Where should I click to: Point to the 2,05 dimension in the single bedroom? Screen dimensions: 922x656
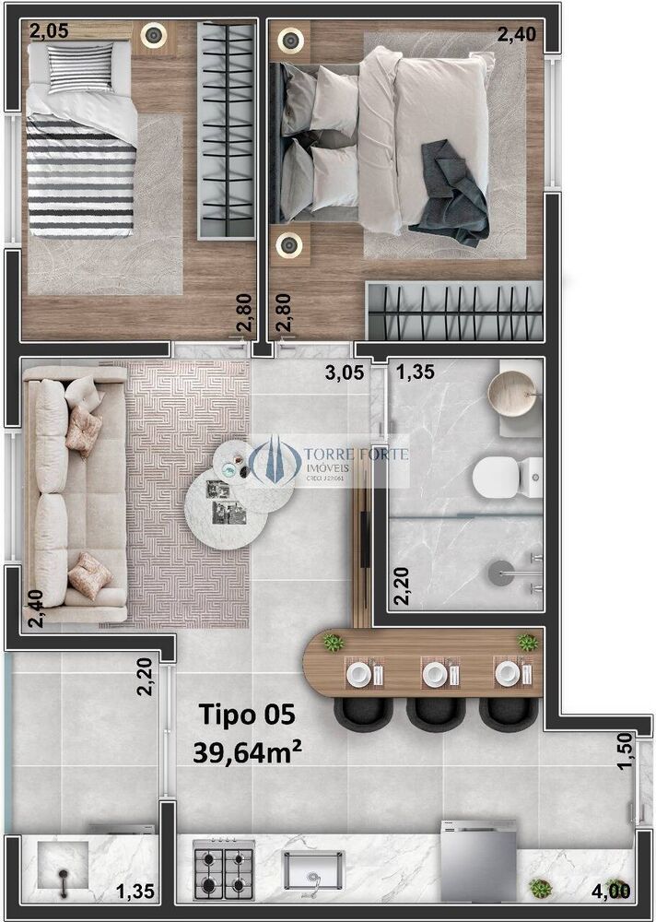pos(48,31)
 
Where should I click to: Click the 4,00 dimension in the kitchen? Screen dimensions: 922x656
pos(612,891)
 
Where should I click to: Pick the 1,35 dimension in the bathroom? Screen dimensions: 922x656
pos(415,372)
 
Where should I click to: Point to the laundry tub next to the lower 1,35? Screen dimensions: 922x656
pos(63,868)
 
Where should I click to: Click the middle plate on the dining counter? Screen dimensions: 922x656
pos(434,674)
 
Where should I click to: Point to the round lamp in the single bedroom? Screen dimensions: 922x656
pos(152,38)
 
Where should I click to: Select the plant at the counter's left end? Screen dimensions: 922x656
pos(333,643)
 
